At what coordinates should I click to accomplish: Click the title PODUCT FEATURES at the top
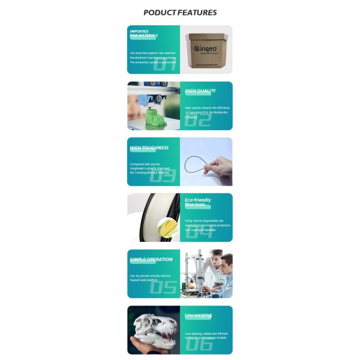tap(180, 13)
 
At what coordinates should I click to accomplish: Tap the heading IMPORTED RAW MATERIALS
tap(144, 33)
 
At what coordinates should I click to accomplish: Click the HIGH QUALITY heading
tap(200, 91)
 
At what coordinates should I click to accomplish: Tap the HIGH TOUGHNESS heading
tap(149, 147)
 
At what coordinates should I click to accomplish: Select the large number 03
tap(163, 176)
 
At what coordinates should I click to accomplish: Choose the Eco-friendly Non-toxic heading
tap(197, 202)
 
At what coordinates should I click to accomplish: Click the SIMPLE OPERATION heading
tap(151, 260)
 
